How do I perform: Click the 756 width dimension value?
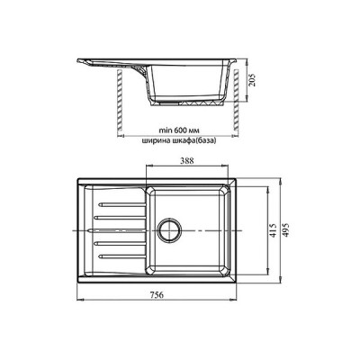click(x=157, y=295)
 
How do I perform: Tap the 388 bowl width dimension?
click(x=187, y=160)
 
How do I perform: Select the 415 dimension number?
click(x=273, y=230)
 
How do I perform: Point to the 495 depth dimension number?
click(x=286, y=230)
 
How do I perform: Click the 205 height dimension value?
click(x=253, y=80)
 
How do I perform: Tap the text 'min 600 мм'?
click(x=179, y=130)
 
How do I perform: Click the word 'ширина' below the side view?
click(x=154, y=140)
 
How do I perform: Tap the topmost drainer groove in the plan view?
click(x=121, y=204)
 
